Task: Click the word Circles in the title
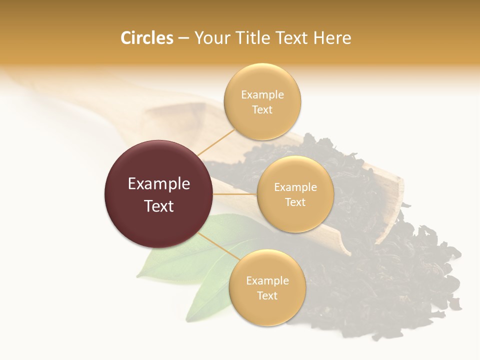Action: (146, 38)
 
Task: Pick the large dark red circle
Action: (158, 194)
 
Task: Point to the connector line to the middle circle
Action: (235, 194)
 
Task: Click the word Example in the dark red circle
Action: (158, 184)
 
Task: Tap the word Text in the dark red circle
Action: (158, 206)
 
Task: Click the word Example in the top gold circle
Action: (262, 95)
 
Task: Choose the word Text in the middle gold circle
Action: (295, 202)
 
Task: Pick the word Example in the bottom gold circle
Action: (267, 281)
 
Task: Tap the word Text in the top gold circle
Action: (262, 110)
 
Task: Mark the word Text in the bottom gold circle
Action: (267, 296)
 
